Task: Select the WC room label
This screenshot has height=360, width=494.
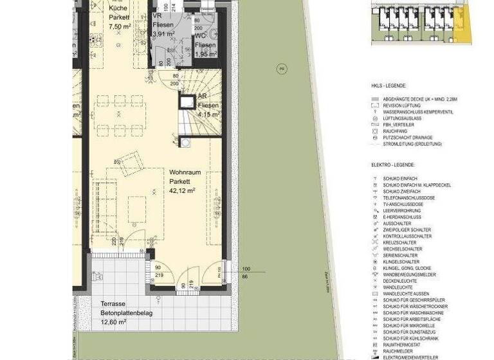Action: (x=201, y=37)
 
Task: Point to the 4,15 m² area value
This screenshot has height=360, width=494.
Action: (x=208, y=114)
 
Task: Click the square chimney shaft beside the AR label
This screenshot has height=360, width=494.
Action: (x=187, y=102)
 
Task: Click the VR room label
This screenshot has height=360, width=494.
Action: (x=157, y=17)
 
